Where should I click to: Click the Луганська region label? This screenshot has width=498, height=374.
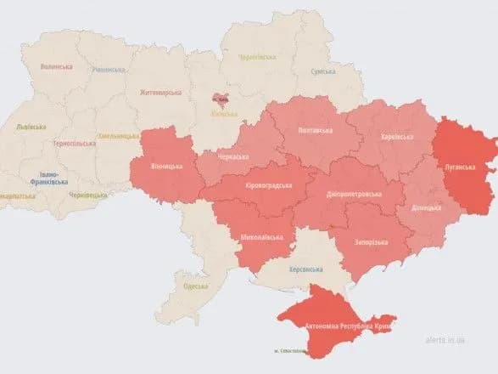[x=459, y=167]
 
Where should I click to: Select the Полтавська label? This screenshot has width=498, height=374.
[x=316, y=130]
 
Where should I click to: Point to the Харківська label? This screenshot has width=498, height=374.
[x=396, y=136]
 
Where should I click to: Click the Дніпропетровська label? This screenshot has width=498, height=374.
[x=353, y=194]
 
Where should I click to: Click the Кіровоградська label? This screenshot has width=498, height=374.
[x=263, y=185]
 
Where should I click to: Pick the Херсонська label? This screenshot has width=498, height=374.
[x=305, y=269]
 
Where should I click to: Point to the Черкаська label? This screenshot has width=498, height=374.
[x=232, y=157]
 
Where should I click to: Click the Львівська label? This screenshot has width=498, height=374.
[x=33, y=127]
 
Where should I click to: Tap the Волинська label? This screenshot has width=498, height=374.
[x=55, y=65]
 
